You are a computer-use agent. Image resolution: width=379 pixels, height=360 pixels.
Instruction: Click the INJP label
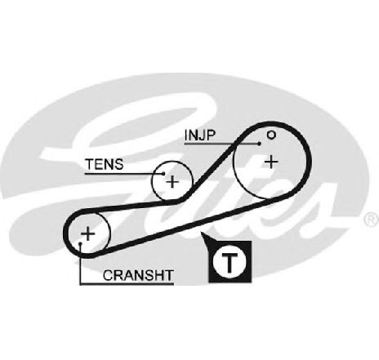click(200, 135)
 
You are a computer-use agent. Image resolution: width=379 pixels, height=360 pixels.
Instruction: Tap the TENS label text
click(105, 164)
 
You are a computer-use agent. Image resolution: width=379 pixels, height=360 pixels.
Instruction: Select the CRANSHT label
click(138, 275)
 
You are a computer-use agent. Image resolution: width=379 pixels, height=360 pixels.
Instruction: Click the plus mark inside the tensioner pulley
click(172, 181)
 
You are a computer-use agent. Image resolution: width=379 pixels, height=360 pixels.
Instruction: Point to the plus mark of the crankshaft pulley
click(87, 233)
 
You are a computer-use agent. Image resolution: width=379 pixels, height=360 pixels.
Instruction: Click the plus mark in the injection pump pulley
click(271, 162)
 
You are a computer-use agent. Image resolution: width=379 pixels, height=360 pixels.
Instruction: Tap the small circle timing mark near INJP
click(271, 135)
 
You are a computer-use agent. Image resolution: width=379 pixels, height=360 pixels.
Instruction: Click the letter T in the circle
click(230, 263)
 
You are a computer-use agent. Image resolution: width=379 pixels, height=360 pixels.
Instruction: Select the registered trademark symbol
click(372, 220)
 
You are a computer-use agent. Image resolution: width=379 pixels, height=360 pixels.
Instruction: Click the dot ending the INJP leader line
click(260, 144)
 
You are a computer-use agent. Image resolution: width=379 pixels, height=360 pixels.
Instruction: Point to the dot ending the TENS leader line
click(163, 173)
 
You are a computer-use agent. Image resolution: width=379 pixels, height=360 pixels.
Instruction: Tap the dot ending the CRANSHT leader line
click(80, 243)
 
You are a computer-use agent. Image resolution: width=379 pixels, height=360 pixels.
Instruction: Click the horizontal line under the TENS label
click(124, 173)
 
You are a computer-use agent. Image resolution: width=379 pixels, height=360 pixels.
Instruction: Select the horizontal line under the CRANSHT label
click(127, 284)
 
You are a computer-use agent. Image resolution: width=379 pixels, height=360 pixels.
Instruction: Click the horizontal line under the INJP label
click(222, 144)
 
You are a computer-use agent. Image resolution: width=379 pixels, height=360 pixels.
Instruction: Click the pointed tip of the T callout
click(201, 233)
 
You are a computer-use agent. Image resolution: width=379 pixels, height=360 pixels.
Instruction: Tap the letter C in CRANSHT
click(108, 275)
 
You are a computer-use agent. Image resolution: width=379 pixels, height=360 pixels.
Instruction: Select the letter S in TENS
click(118, 164)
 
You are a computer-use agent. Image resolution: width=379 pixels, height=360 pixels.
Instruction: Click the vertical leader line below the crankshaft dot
click(80, 264)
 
